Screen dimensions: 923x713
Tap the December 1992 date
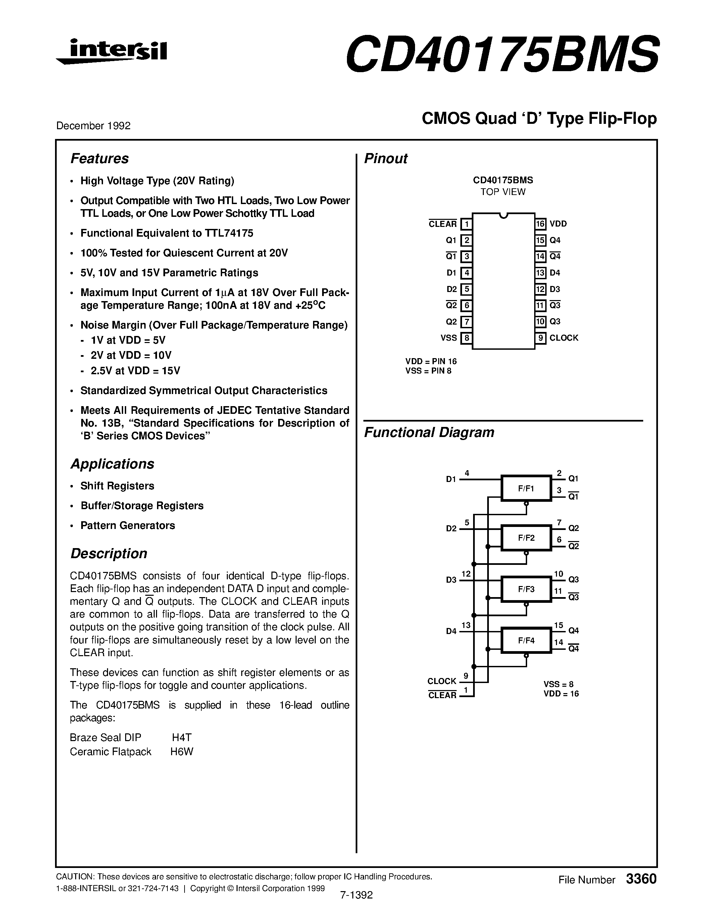[x=93, y=126]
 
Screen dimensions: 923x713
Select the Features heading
[x=99, y=158]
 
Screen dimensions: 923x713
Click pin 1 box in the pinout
[x=466, y=224]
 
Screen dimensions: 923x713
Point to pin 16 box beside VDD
[x=540, y=224]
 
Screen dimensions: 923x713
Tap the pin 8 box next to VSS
[x=466, y=338]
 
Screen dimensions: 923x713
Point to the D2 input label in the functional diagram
[x=451, y=529]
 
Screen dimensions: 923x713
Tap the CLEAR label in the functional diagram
[x=442, y=695]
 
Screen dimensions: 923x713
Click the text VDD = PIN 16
[x=431, y=361]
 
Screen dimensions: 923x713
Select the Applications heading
[x=112, y=464]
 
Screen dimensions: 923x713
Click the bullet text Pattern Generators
[x=128, y=525]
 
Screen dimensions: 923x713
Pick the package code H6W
[x=182, y=752]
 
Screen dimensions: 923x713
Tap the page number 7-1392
[x=356, y=895]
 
